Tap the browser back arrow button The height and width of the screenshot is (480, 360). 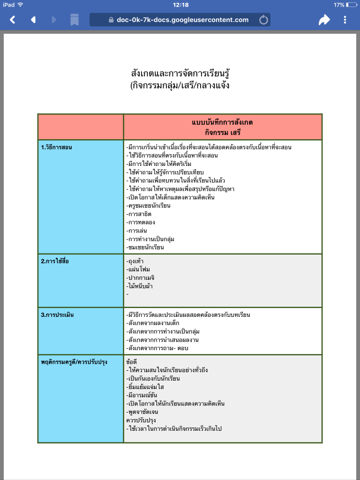[x=13, y=20]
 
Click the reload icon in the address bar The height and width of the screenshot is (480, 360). [x=263, y=20]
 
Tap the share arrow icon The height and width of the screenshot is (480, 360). [x=324, y=20]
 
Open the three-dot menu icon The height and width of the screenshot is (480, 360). [x=345, y=20]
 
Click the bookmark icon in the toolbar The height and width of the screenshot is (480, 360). [x=75, y=20]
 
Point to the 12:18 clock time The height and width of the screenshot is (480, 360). [x=180, y=5]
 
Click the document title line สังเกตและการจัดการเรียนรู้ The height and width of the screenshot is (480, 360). [x=180, y=74]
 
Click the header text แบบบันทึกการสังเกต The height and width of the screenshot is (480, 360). [x=223, y=122]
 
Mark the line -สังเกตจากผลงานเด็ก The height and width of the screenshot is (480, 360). [x=153, y=323]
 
